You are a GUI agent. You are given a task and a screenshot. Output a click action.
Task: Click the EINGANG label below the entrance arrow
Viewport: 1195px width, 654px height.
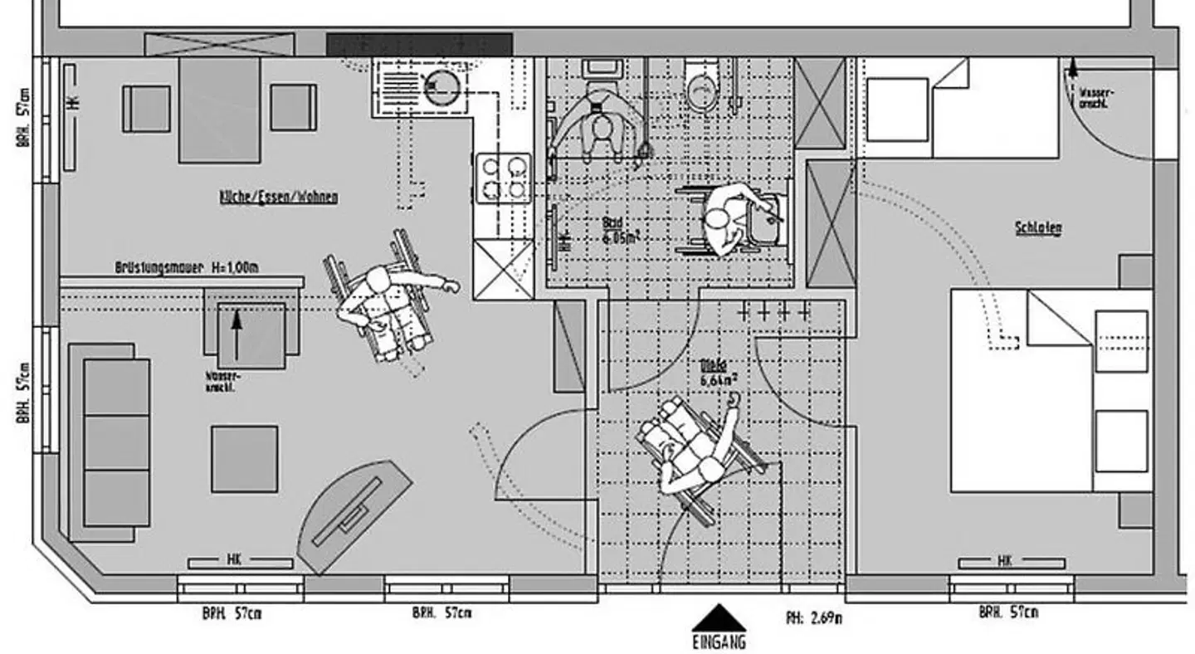(x=719, y=642)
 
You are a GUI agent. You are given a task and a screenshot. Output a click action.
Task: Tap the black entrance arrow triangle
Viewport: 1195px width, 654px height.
(x=719, y=617)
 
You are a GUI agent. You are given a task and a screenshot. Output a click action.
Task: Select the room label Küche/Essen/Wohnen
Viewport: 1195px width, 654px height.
(x=278, y=198)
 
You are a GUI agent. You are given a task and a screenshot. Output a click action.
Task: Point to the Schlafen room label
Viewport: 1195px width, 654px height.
(x=1037, y=228)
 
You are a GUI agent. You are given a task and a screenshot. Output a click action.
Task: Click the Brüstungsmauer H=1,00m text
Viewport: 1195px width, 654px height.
(x=187, y=268)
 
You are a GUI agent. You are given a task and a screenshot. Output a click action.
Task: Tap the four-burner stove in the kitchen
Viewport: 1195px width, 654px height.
(x=502, y=178)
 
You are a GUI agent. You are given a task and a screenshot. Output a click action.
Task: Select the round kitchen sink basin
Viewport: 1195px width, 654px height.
(x=442, y=86)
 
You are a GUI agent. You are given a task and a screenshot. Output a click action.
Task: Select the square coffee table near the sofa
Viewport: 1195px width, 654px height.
(x=244, y=459)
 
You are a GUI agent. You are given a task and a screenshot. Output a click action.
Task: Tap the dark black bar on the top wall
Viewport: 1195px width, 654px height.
(x=418, y=45)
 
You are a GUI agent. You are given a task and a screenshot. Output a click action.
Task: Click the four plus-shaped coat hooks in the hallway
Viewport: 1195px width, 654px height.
(x=773, y=312)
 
